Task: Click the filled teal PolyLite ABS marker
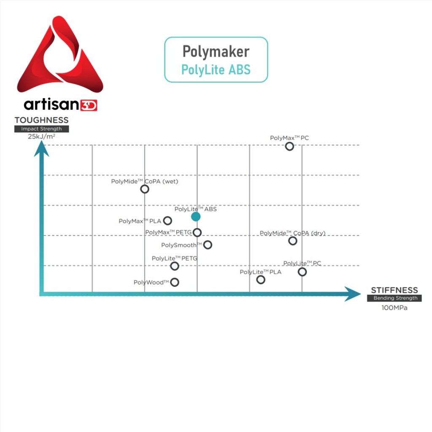[196, 216]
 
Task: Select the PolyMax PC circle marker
[289, 146]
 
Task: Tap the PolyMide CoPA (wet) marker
[145, 189]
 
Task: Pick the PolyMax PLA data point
[167, 220]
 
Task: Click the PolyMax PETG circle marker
[197, 232]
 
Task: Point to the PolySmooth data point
[208, 245]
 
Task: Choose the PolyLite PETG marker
[175, 266]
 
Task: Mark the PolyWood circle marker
[175, 282]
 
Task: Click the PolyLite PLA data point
[261, 279]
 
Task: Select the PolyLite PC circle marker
[302, 272]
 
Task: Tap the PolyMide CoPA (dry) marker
[292, 240]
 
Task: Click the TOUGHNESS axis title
[41, 120]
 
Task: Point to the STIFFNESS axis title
[394, 290]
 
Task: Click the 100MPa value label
[394, 308]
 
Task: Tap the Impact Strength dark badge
[41, 129]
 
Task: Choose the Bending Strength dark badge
[395, 298]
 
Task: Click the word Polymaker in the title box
[216, 51]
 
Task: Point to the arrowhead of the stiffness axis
[353, 294]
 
